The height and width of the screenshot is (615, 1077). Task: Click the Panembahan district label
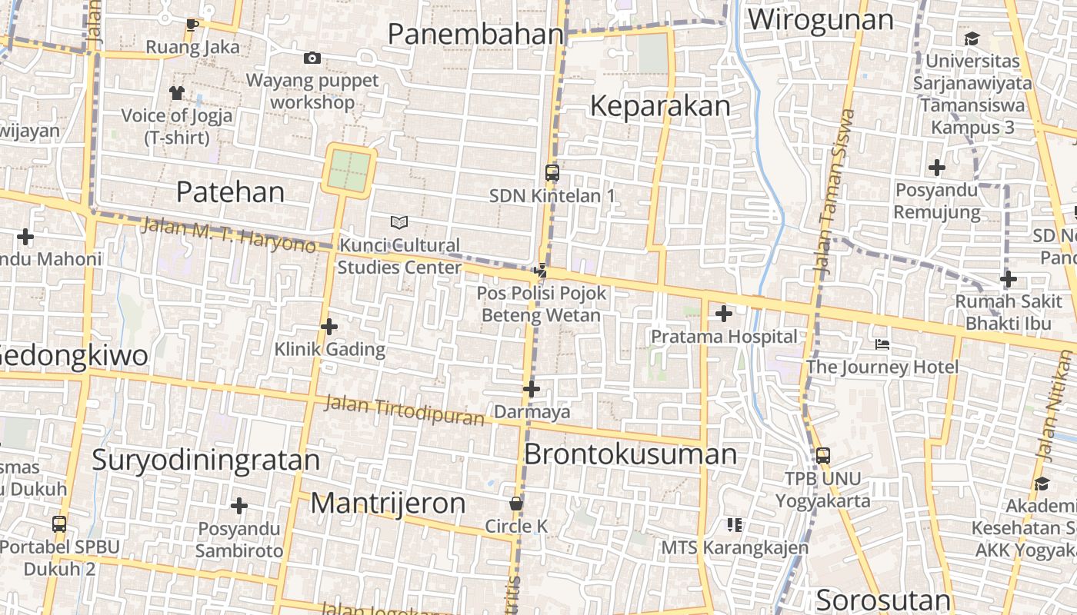(x=476, y=35)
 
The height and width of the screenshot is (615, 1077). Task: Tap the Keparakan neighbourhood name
(x=660, y=106)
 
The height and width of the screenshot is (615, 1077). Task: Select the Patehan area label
(x=230, y=191)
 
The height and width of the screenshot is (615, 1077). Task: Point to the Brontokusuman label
(x=630, y=454)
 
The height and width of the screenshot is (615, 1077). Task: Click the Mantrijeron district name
(x=388, y=504)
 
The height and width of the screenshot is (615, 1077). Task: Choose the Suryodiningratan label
(x=205, y=460)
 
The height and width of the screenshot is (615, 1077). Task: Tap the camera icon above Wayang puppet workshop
(x=312, y=58)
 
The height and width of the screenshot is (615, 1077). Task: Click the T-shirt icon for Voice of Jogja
(x=177, y=93)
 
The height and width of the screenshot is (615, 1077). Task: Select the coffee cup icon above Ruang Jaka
(x=192, y=25)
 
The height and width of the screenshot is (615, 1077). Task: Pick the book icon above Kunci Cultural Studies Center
(x=398, y=222)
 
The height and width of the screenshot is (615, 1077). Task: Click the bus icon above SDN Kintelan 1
(x=552, y=173)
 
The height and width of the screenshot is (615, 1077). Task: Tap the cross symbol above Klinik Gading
(x=329, y=327)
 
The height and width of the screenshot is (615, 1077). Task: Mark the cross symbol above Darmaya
(x=532, y=390)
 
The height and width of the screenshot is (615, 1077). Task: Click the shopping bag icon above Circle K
(x=516, y=504)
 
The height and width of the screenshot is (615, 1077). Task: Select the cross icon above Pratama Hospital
(x=724, y=314)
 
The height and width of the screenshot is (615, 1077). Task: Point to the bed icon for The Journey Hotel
(x=882, y=344)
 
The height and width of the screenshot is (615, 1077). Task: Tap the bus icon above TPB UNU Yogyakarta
(x=823, y=456)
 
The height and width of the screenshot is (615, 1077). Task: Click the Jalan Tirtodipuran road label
(x=404, y=410)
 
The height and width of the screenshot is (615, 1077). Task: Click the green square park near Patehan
(x=350, y=171)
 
